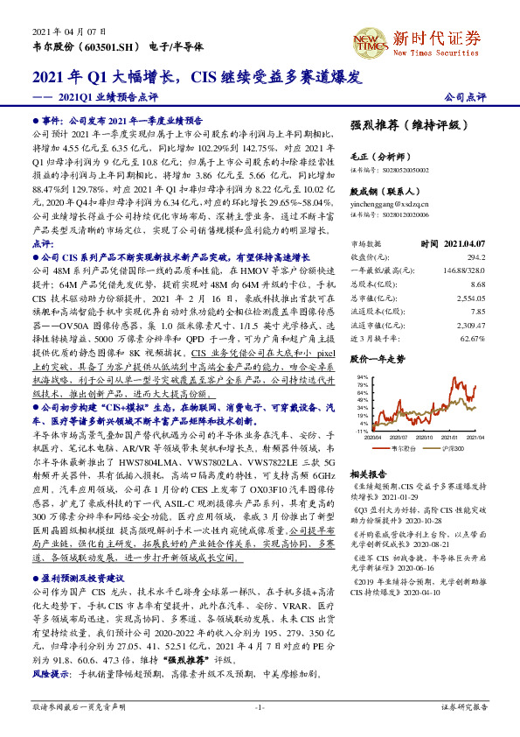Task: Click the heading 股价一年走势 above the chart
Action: pyautogui.click(x=378, y=359)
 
